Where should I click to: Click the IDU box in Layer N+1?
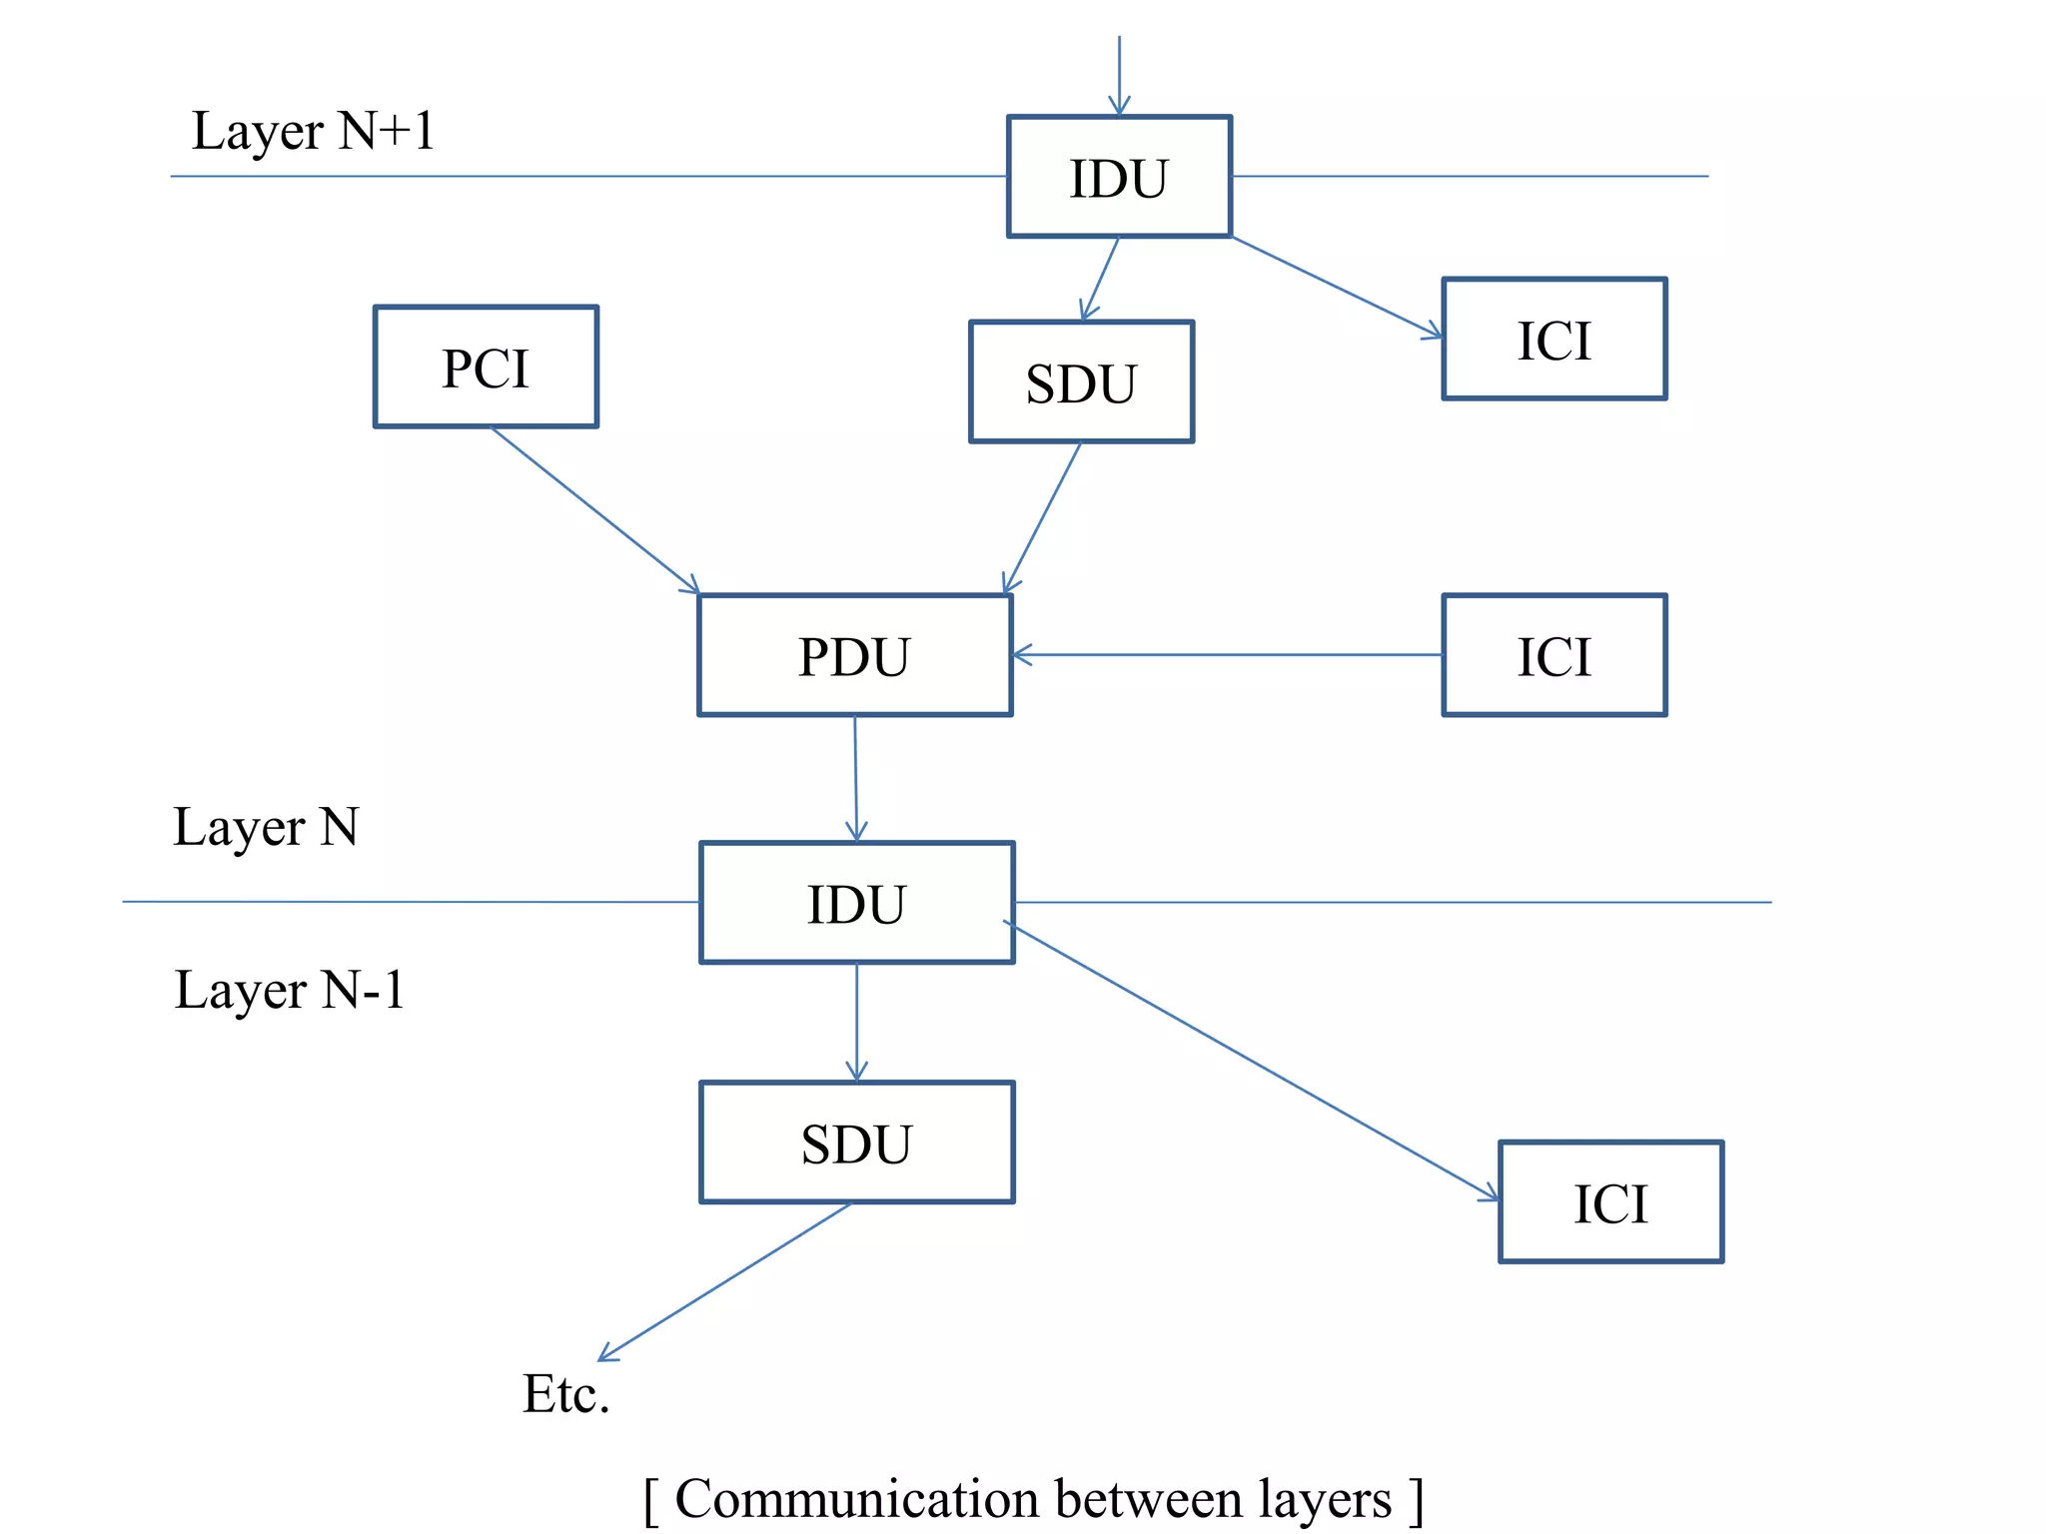click(x=1119, y=177)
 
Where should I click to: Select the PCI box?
click(x=486, y=367)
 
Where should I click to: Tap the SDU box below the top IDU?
click(x=1081, y=382)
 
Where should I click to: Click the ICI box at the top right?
click(x=1553, y=339)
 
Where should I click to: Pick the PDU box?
click(x=855, y=655)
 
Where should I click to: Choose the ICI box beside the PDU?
click(x=1553, y=655)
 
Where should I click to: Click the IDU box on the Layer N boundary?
click(x=856, y=903)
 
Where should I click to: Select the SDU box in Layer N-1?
click(x=856, y=1143)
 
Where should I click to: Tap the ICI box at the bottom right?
click(x=1610, y=1201)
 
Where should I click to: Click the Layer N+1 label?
click(x=313, y=131)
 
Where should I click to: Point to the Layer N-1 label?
click(x=289, y=990)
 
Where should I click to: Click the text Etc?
click(x=565, y=1393)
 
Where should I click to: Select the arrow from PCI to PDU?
click(x=594, y=510)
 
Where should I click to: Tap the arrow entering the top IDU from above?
click(x=1119, y=75)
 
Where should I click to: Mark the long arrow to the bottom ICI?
click(x=1254, y=1062)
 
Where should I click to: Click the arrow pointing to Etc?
click(x=724, y=1281)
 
